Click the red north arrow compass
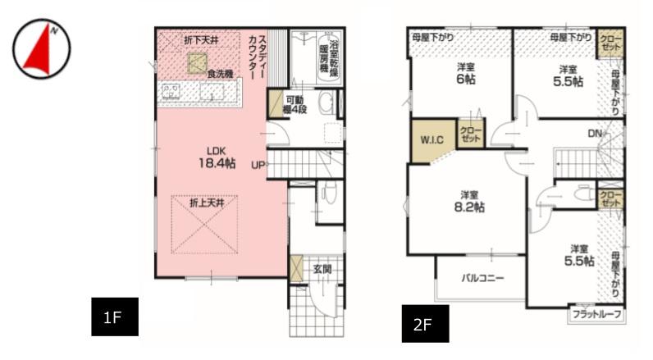pyautogui.click(x=41, y=48)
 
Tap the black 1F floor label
pyautogui.click(x=115, y=317)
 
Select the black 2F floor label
pyautogui.click(x=425, y=324)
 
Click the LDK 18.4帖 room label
pyautogui.click(x=217, y=157)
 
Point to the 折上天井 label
pyautogui.click(x=207, y=203)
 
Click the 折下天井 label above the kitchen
pyautogui.click(x=201, y=40)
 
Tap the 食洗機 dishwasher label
pyautogui.click(x=221, y=74)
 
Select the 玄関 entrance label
pyautogui.click(x=322, y=269)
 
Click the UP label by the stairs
pyautogui.click(x=258, y=165)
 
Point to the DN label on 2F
pyautogui.click(x=595, y=133)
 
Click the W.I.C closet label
pyautogui.click(x=432, y=140)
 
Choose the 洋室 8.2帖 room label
pyautogui.click(x=469, y=202)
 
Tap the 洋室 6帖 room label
pyautogui.click(x=466, y=74)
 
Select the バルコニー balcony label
pyautogui.click(x=482, y=278)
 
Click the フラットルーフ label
pyautogui.click(x=596, y=314)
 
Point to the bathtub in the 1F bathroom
pyautogui.click(x=330, y=57)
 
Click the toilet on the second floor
pyautogui.click(x=585, y=193)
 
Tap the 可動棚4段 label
pyautogui.click(x=295, y=105)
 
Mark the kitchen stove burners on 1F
pyautogui.click(x=171, y=91)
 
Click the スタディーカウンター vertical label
pyautogui.click(x=258, y=57)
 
